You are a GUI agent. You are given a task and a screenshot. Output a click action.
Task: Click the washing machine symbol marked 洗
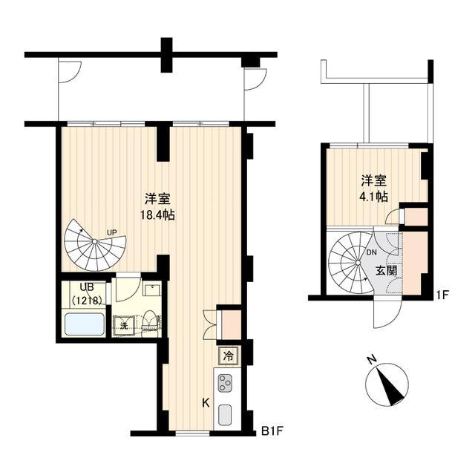coord(124,325)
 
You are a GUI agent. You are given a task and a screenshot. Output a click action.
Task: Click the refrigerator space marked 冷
coord(229,356)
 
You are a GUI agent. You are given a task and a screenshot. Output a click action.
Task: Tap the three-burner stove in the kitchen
coord(226,384)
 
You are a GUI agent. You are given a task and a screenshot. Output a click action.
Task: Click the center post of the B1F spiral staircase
coord(94,247)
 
